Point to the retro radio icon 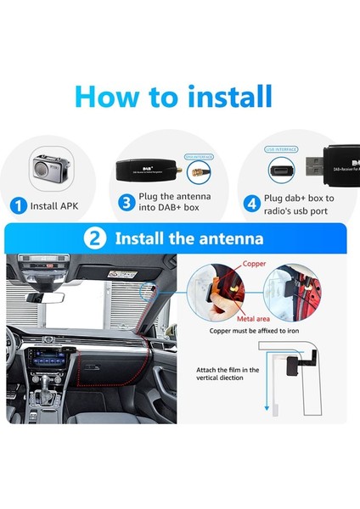point(45,168)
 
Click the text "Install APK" point(58,204)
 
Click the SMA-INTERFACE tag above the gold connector point(197,157)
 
